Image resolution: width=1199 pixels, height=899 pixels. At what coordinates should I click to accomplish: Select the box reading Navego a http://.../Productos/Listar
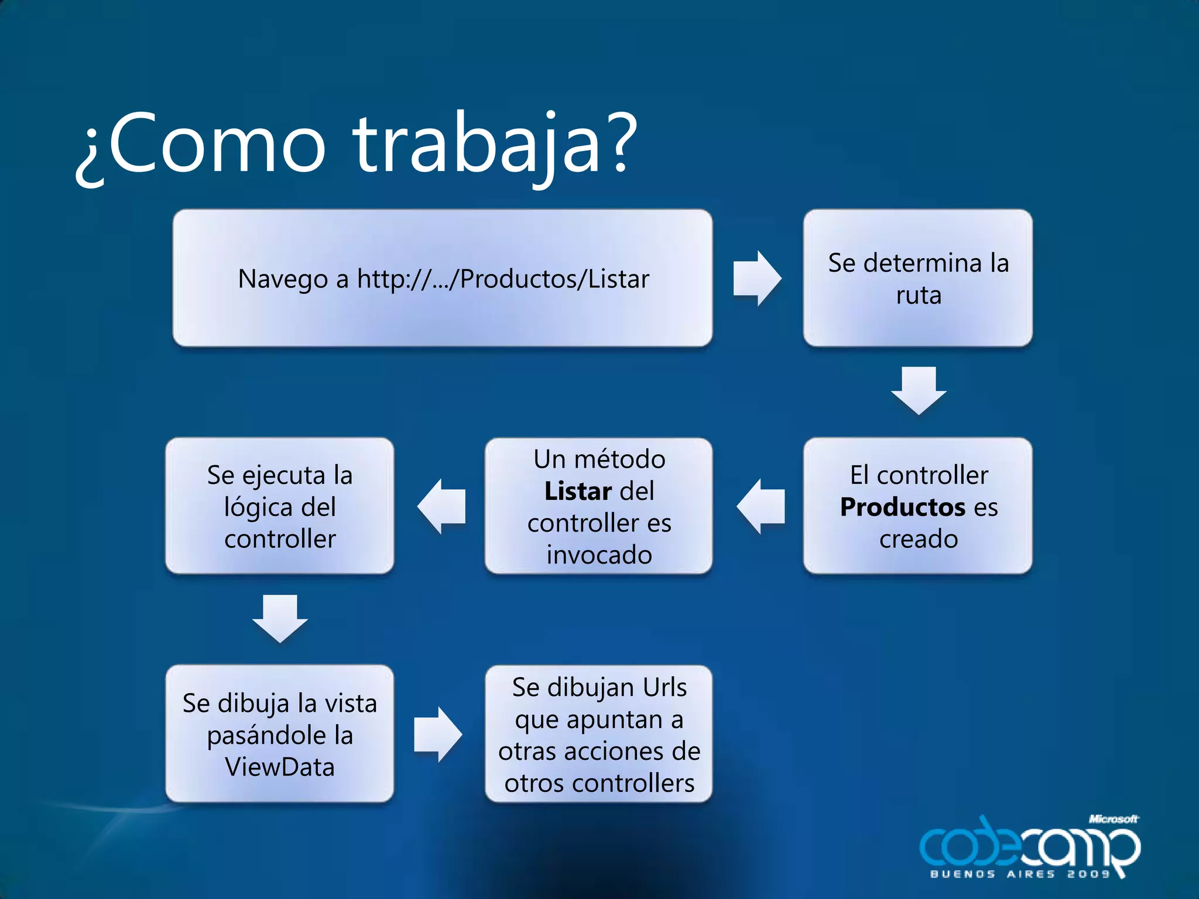443,279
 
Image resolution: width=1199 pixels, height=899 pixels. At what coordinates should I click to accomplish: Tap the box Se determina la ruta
917,279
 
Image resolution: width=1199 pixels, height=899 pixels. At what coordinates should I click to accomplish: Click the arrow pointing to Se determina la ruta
757,279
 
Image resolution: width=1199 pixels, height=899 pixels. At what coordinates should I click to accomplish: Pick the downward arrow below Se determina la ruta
918,390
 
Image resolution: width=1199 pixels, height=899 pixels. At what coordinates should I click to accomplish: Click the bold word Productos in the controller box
902,507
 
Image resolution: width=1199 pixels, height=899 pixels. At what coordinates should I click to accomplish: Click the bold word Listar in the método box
577,491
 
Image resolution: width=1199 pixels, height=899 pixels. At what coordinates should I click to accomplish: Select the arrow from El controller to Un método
760,506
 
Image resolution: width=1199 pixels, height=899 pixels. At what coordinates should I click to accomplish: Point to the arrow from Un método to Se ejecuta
441,506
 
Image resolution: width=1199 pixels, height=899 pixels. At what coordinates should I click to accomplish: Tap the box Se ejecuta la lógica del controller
280,506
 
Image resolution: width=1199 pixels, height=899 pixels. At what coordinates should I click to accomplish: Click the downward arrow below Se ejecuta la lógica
280,619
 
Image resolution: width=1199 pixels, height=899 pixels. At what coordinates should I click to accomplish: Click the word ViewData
280,767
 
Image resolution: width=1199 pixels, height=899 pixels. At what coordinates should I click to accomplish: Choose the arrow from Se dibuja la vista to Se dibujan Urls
438,734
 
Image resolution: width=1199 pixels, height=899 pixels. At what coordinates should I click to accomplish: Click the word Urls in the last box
664,687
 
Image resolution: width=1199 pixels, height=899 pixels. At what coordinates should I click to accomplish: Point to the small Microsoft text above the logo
1113,819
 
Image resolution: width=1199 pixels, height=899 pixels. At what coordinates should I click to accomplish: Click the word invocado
599,554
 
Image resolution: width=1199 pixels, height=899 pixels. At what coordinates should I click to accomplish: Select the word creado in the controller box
918,538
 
